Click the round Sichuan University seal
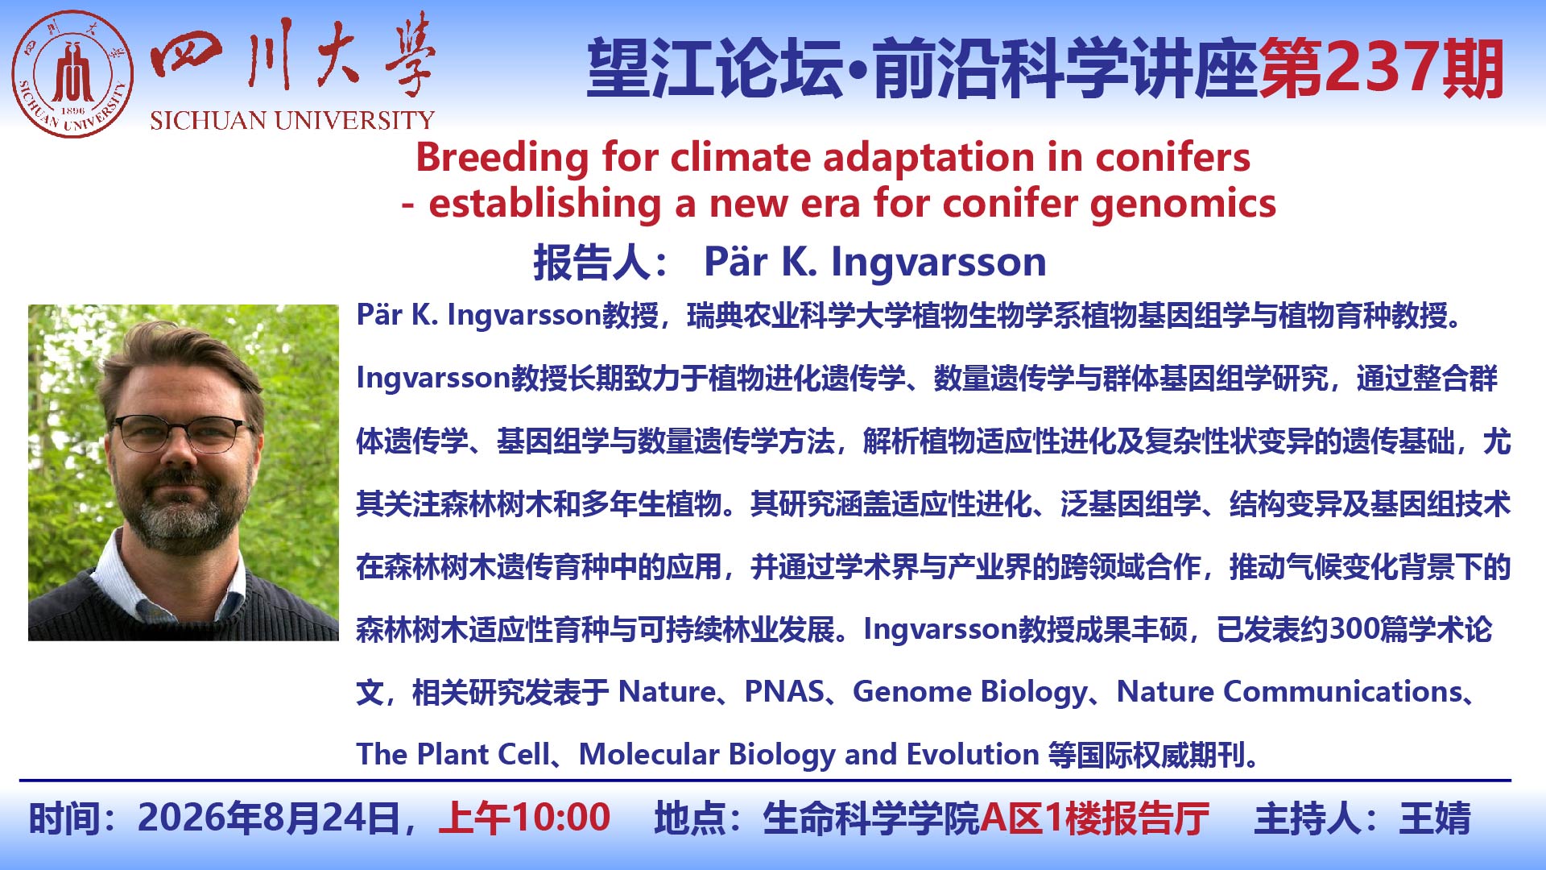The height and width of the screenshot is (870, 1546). click(72, 73)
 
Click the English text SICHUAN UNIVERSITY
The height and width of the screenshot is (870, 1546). click(292, 120)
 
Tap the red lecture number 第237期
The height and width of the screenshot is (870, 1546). click(1382, 69)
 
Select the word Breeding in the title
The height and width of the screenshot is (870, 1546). click(502, 157)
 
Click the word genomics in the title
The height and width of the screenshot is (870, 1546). click(1183, 204)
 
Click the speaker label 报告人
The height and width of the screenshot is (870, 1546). click(591, 262)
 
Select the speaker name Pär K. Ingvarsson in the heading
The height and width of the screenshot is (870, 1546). click(875, 262)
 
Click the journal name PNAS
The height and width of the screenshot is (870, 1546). click(784, 691)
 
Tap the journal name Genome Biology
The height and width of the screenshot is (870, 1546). click(970, 692)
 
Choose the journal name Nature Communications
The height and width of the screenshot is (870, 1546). click(1289, 691)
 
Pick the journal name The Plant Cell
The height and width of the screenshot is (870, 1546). click(453, 754)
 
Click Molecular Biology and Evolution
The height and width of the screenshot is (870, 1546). click(809, 755)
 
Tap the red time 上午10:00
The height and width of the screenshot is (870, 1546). click(524, 818)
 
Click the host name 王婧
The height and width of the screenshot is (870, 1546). click(1435, 818)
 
